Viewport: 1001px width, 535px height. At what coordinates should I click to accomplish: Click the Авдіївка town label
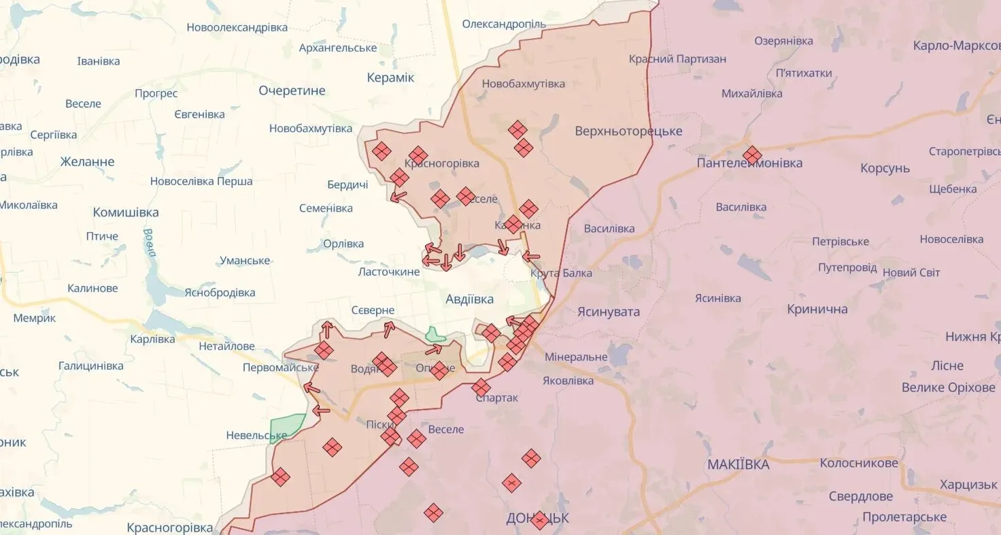point(469,299)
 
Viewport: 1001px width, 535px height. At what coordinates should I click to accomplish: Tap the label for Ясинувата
point(608,311)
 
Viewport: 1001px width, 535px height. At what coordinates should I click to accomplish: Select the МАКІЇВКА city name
point(738,464)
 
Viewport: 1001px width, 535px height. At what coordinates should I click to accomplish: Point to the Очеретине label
point(292,91)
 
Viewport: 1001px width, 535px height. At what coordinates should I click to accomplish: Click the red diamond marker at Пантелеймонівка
point(751,155)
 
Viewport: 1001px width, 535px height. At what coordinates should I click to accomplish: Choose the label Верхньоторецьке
point(628,131)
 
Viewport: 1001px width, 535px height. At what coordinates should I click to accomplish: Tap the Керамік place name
point(390,78)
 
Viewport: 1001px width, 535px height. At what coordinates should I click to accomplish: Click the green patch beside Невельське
point(287,427)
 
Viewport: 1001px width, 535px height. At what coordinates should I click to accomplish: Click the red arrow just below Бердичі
point(398,197)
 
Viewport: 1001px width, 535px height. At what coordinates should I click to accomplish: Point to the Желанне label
point(87,162)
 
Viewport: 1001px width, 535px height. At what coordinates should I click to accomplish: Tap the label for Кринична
point(817,309)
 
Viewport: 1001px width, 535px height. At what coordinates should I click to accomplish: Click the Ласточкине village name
point(389,272)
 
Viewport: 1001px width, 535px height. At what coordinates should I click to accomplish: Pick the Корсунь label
point(885,168)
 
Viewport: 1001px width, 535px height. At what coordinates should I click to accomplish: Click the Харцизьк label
point(968,485)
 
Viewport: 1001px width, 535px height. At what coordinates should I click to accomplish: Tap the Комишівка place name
point(126,212)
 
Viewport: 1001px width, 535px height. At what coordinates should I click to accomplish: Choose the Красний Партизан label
point(677,59)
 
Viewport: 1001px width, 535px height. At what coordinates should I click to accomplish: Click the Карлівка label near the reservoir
point(152,339)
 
